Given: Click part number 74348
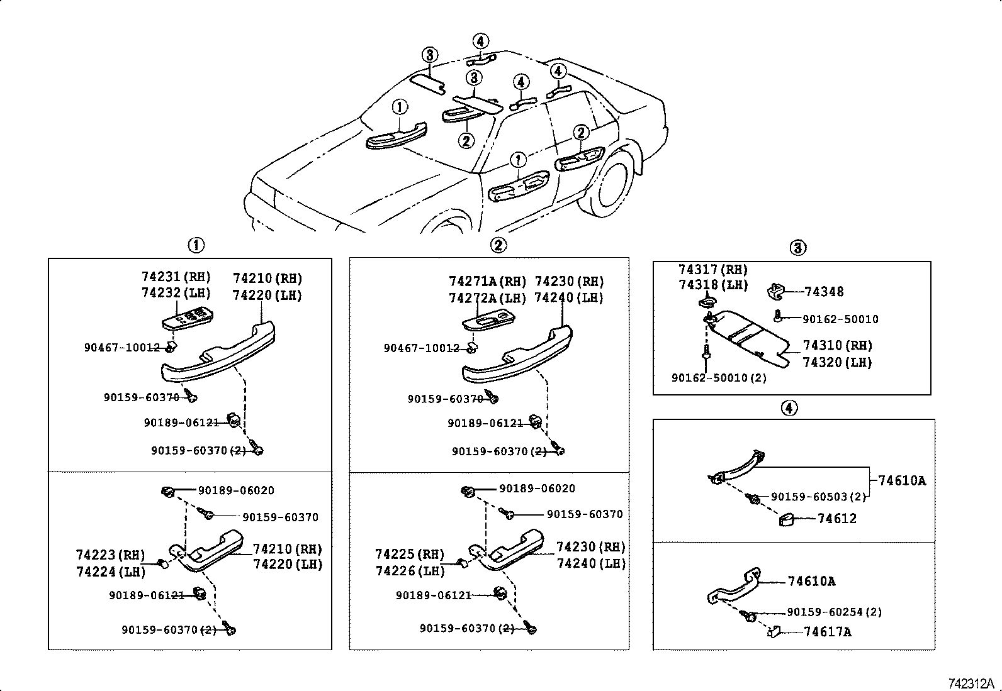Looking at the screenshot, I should [824, 292].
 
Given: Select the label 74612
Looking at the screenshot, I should [837, 519].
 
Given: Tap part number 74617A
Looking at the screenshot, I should [828, 632].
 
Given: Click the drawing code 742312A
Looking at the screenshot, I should [971, 683].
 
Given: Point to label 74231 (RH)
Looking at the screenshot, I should [176, 276].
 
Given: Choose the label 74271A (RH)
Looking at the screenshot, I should [487, 281].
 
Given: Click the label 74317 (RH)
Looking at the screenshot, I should [713, 270].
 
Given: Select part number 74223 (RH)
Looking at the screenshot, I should [110, 555].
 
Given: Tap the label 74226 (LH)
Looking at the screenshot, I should [410, 571].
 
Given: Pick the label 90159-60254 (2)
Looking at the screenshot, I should [834, 612].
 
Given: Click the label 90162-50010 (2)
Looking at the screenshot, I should [719, 378].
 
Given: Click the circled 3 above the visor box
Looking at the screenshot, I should [797, 248].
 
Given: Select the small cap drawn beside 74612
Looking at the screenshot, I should [787, 519].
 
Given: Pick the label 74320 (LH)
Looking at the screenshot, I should [837, 363].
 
